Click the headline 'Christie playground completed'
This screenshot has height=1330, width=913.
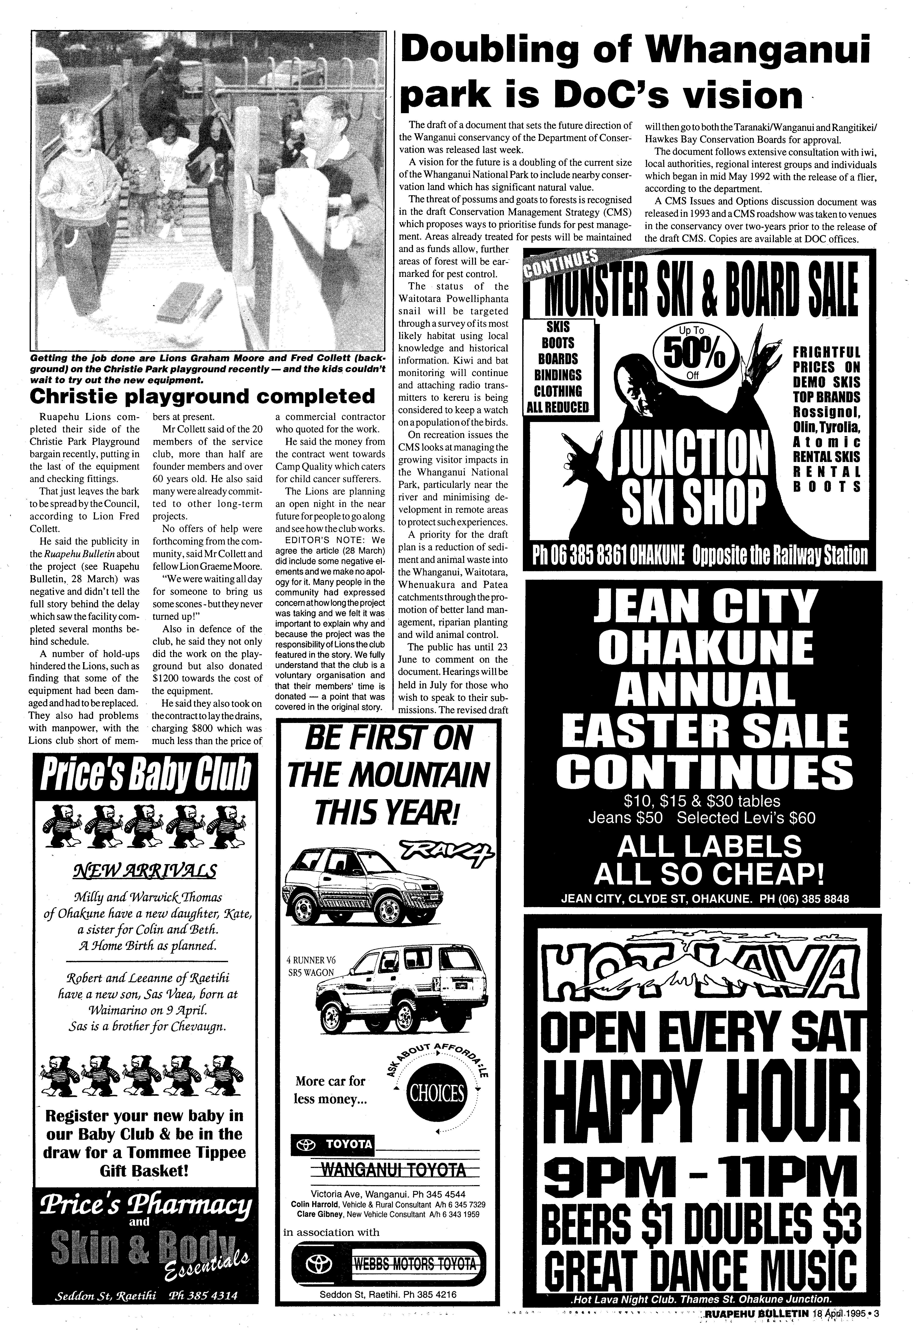point(202,396)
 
